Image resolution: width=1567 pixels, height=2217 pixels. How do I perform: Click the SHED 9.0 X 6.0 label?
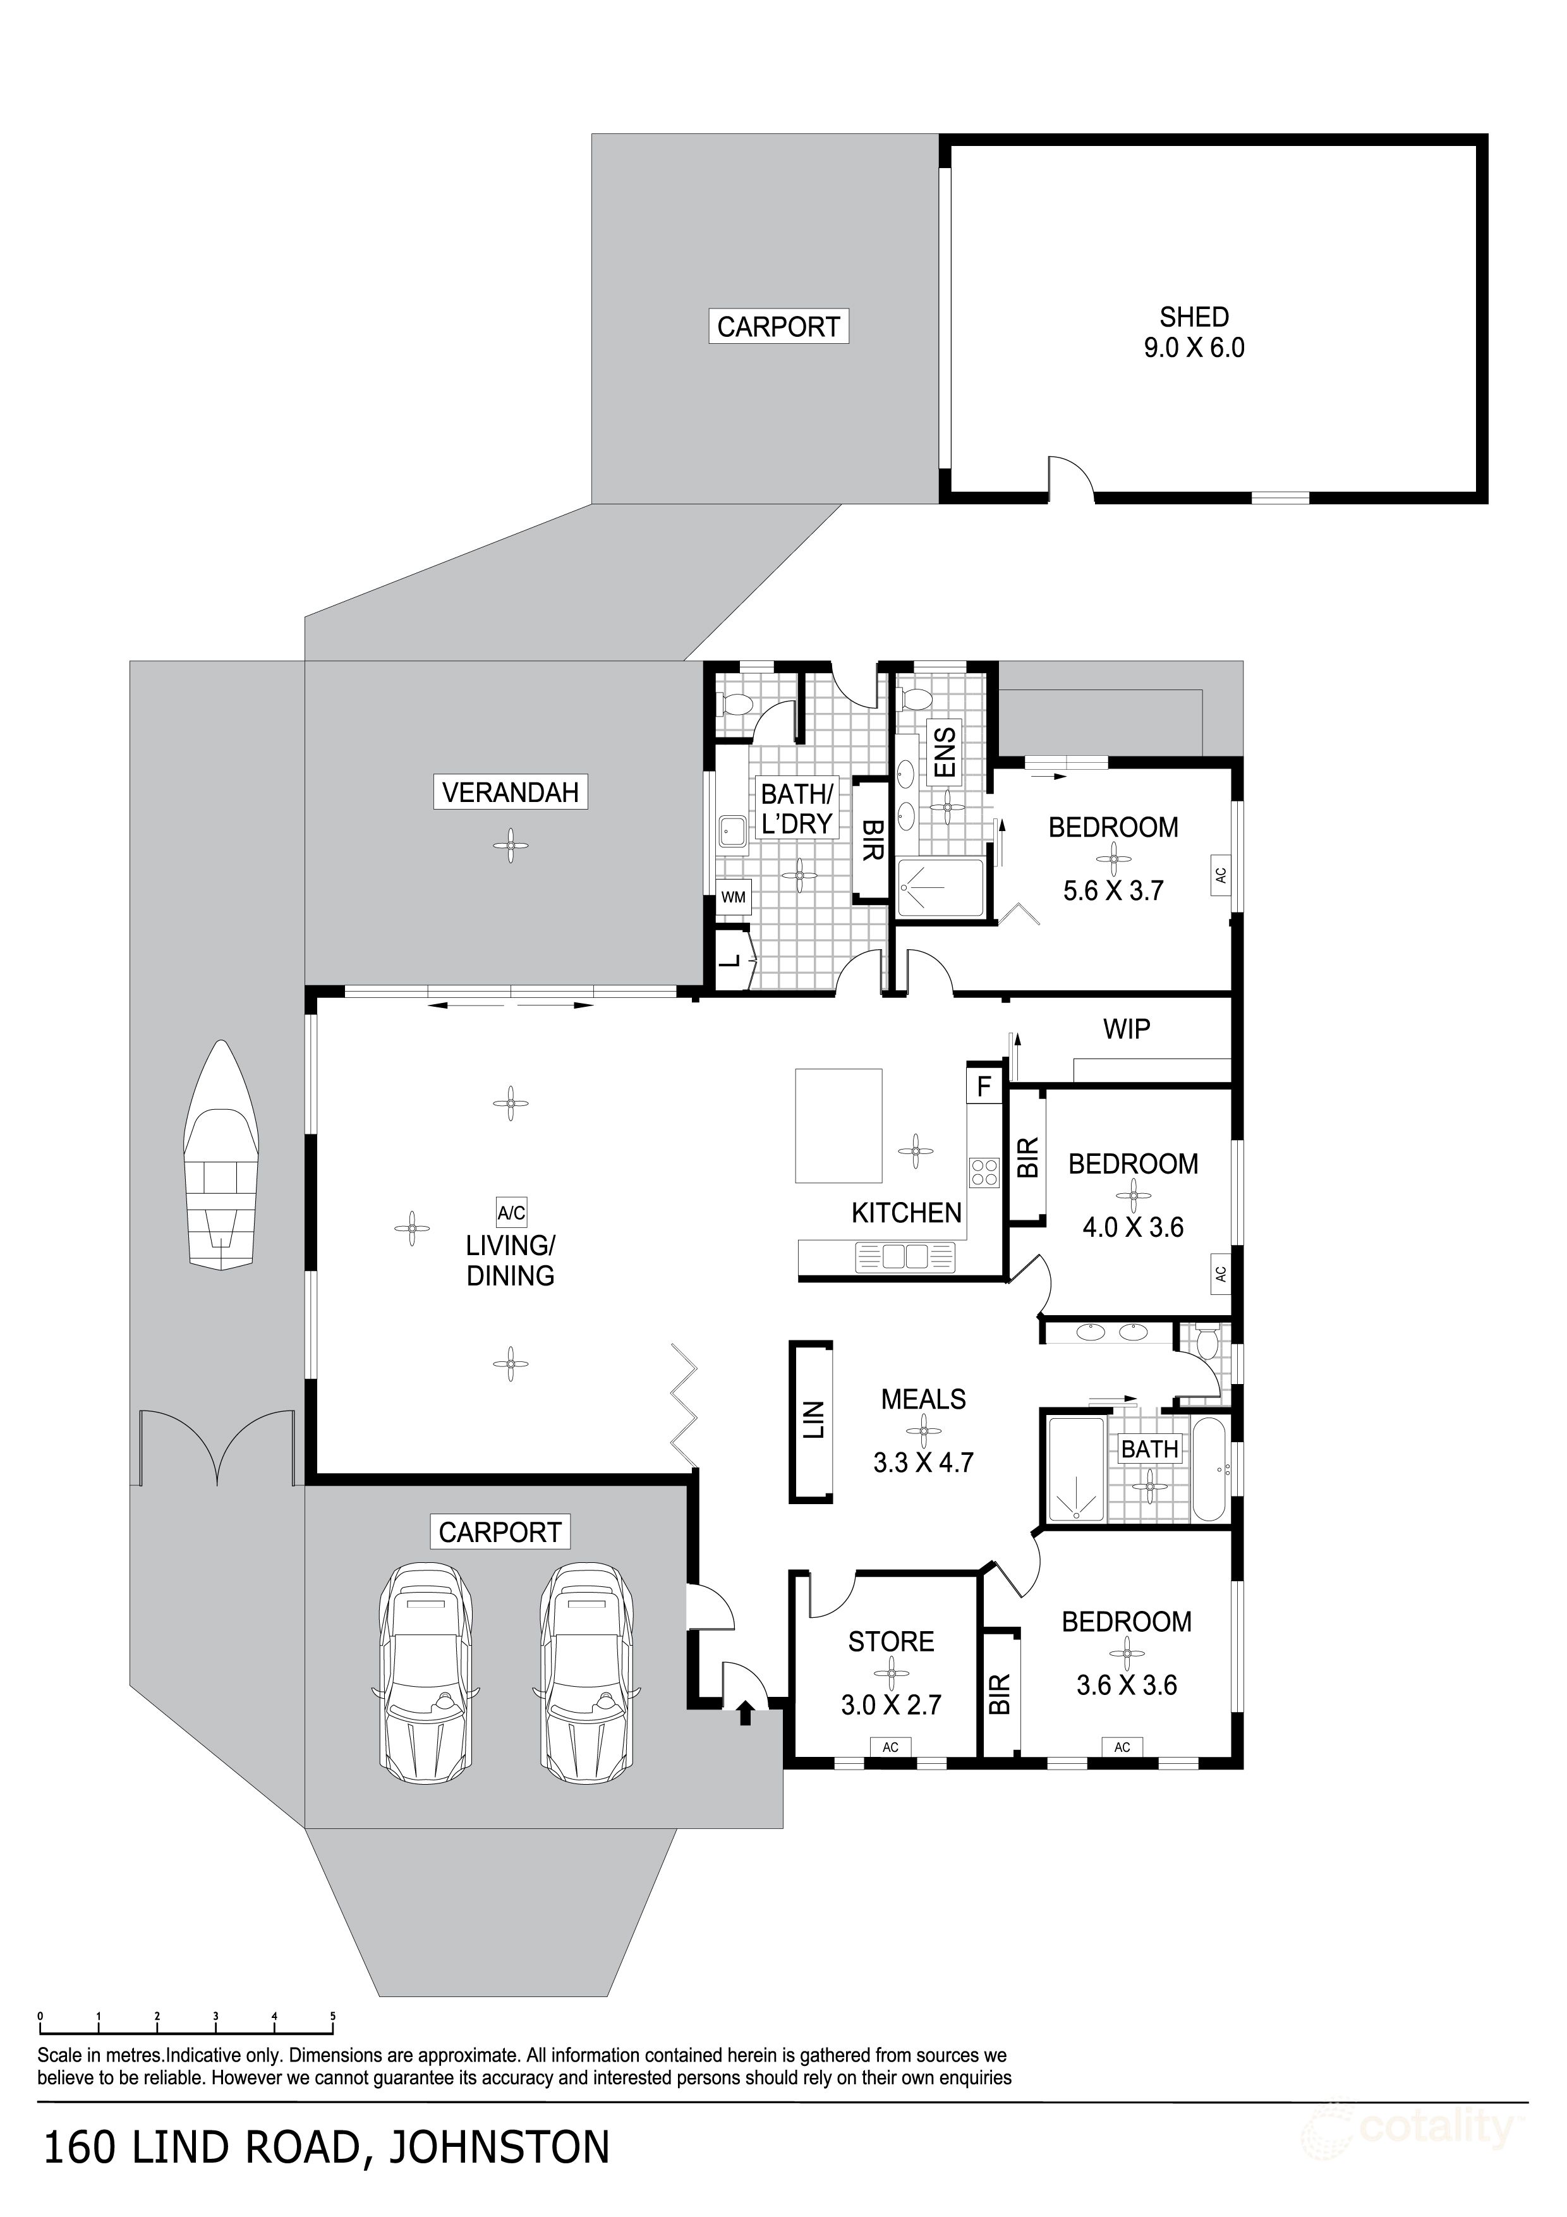(1194, 332)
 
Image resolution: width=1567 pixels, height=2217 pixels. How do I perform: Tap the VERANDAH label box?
(510, 793)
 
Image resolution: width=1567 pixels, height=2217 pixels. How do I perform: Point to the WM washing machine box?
(734, 897)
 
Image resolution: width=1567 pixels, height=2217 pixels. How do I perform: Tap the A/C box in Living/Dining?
(511, 1213)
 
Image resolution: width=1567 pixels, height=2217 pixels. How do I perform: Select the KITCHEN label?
(905, 1213)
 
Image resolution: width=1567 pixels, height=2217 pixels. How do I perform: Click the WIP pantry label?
(1126, 1030)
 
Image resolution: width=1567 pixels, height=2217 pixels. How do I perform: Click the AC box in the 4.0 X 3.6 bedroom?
(1219, 1273)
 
